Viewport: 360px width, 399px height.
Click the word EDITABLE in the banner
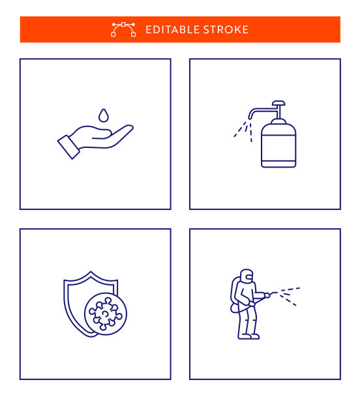coord(172,29)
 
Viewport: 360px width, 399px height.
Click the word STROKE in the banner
coord(226,29)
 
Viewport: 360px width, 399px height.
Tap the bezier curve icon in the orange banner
coord(123,29)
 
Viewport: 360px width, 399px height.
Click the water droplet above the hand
coord(104,115)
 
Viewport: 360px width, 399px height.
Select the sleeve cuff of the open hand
coord(68,147)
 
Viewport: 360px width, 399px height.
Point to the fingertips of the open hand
coord(128,128)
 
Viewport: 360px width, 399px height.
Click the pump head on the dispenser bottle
coord(278,103)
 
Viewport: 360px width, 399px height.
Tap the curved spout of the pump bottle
coord(260,110)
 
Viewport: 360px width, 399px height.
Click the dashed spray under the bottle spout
coord(243,131)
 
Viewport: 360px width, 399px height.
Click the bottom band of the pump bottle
coord(278,164)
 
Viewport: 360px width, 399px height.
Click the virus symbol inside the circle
coord(106,314)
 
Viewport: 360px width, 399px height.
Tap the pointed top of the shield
coord(91,273)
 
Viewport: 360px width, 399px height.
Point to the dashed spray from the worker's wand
coord(290,296)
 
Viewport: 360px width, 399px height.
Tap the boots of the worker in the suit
coord(248,336)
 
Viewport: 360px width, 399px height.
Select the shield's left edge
coord(67,305)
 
